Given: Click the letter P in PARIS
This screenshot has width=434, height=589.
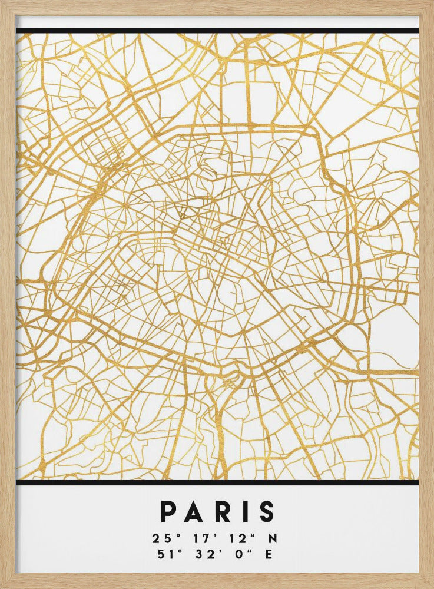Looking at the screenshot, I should (x=170, y=512).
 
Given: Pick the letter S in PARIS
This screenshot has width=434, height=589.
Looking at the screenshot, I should (x=266, y=512).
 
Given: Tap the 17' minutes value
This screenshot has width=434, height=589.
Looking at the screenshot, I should (x=198, y=538).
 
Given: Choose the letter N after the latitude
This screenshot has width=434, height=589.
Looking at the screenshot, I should (x=273, y=538).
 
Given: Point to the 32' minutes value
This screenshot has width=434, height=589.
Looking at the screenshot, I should (x=198, y=554).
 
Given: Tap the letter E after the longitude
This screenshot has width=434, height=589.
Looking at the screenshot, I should (x=270, y=554).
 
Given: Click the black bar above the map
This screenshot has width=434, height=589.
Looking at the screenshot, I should (x=217, y=31).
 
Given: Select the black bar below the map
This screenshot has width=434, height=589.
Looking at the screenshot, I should (x=217, y=483).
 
